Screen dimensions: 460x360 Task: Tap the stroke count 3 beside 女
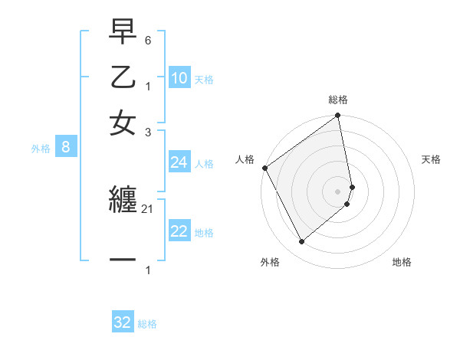tap(147, 132)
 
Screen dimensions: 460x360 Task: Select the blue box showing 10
tap(179, 77)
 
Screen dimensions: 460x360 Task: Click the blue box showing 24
tap(179, 162)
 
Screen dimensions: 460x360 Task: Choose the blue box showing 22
tap(179, 231)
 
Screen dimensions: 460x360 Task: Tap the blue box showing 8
tap(66, 147)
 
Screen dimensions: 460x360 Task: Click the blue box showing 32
tap(123, 322)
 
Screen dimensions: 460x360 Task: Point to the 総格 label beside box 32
tap(147, 324)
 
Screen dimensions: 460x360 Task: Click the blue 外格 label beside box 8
tap(41, 149)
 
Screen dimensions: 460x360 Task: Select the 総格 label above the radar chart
tap(338, 100)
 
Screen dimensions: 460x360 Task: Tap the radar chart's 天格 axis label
tap(431, 159)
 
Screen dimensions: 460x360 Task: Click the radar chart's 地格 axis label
tap(402, 262)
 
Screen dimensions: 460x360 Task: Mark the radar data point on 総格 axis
tap(338, 116)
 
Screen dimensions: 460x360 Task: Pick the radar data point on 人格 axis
tap(264, 168)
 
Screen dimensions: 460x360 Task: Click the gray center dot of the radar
tap(338, 191)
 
